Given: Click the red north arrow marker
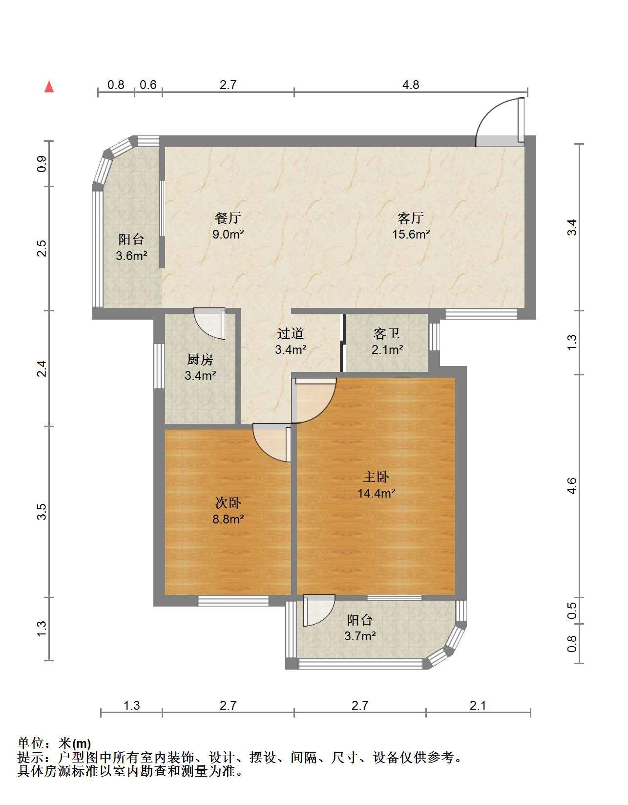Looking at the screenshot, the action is pyautogui.click(x=49, y=87).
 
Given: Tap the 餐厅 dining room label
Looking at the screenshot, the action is pyautogui.click(x=228, y=218).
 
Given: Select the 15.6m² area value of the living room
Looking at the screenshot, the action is pyautogui.click(x=411, y=234).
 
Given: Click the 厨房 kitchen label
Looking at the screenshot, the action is pyautogui.click(x=200, y=359).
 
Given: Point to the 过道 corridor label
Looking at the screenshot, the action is pyautogui.click(x=291, y=333).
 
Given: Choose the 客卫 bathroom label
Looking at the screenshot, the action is pyautogui.click(x=387, y=334).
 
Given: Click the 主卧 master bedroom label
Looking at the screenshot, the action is pyautogui.click(x=376, y=477).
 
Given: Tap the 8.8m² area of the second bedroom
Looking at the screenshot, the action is pyautogui.click(x=228, y=519).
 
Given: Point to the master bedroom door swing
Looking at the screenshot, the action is pyautogui.click(x=314, y=400).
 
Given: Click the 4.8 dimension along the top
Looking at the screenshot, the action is pyautogui.click(x=411, y=85).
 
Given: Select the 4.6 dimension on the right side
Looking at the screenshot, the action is pyautogui.click(x=572, y=486).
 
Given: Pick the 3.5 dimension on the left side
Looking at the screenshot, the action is pyautogui.click(x=42, y=512).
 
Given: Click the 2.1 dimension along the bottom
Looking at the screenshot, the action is pyautogui.click(x=478, y=705).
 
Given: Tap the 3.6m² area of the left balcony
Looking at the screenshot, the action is pyautogui.click(x=132, y=255).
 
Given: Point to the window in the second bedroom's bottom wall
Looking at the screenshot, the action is pyautogui.click(x=233, y=601).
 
